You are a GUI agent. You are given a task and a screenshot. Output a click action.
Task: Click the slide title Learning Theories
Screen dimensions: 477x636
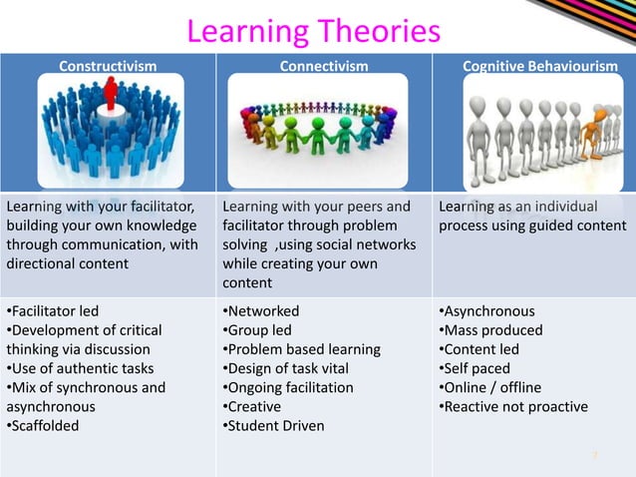[313, 32]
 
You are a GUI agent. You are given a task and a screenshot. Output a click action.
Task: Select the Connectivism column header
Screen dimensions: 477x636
[323, 67]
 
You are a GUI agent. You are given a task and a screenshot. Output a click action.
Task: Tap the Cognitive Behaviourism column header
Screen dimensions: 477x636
[539, 67]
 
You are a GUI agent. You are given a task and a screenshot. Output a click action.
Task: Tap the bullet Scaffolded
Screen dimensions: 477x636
[45, 425]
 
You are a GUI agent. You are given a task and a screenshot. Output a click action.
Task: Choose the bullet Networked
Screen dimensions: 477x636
[260, 311]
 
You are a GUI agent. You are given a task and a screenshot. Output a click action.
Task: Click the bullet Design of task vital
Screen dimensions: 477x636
[287, 368]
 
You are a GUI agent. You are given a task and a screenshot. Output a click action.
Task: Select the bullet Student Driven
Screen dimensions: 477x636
[272, 425]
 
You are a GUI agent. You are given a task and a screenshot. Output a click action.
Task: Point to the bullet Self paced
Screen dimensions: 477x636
[475, 368]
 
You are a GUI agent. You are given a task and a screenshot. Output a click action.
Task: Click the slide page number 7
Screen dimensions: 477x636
[595, 456]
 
